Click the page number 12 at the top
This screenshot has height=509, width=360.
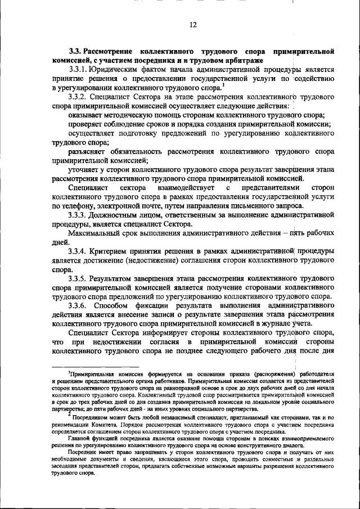tap(192, 24)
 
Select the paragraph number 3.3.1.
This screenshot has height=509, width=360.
tap(78, 69)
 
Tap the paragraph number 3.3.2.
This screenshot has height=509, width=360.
tap(78, 97)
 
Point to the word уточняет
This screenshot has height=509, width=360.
tap(85, 169)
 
